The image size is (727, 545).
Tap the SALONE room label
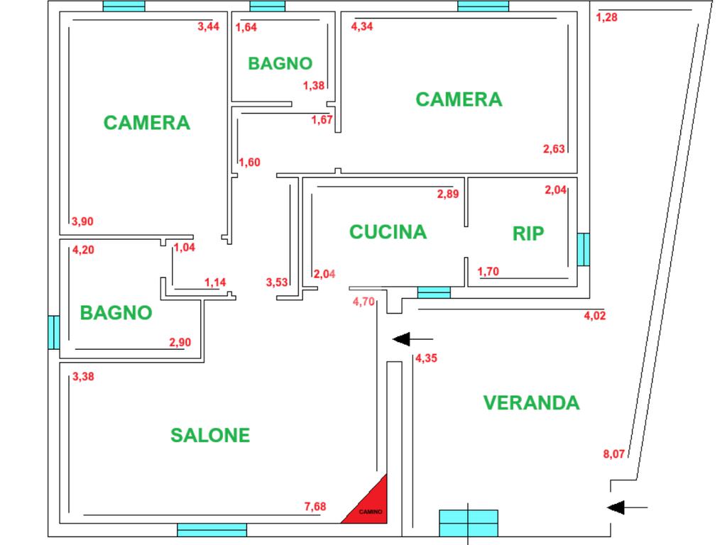[210, 435]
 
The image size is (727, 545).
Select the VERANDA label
[531, 403]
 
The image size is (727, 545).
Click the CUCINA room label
[388, 232]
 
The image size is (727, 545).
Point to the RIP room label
[528, 234]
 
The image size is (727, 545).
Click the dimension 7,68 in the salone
[315, 506]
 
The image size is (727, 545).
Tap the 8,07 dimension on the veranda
[614, 454]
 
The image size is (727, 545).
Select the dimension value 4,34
[362, 27]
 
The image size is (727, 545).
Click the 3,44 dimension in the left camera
[208, 27]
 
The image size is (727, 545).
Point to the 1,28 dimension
[607, 18]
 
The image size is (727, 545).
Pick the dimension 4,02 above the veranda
[594, 316]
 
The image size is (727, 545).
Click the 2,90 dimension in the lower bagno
[180, 343]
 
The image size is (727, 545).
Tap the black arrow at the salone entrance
[412, 338]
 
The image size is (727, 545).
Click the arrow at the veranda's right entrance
[628, 507]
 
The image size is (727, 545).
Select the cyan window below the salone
[212, 529]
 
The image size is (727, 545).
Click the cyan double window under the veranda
[469, 523]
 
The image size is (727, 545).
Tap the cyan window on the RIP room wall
[583, 250]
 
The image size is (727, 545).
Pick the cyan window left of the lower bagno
[54, 331]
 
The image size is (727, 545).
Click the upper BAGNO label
[280, 63]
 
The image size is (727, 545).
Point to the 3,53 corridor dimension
[277, 282]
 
